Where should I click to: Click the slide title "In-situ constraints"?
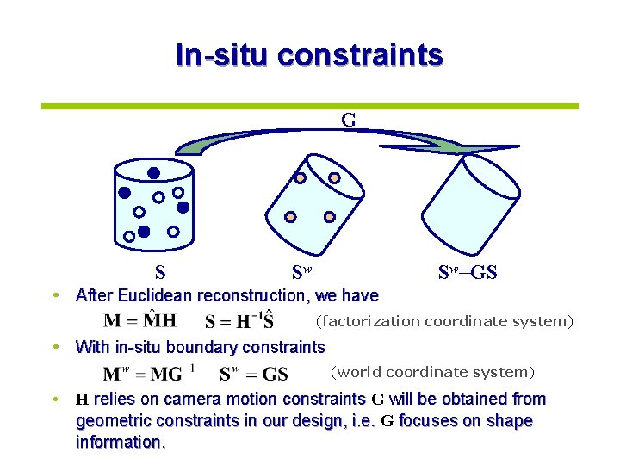pyautogui.click(x=309, y=55)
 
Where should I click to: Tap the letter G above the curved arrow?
pyautogui.click(x=348, y=120)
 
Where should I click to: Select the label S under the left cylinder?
pyautogui.click(x=160, y=274)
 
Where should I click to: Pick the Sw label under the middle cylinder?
pyautogui.click(x=301, y=274)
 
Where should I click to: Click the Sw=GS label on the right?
pyautogui.click(x=468, y=274)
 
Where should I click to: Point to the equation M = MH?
pyautogui.click(x=139, y=320)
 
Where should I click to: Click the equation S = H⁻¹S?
pyautogui.click(x=239, y=321)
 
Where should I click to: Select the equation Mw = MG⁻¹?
pyautogui.click(x=149, y=374)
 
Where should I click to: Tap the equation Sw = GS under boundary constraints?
pyautogui.click(x=253, y=374)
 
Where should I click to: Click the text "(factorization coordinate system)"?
pyautogui.click(x=443, y=321)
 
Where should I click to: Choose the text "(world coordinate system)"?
pyautogui.click(x=432, y=372)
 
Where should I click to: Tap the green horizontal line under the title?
pyautogui.click(x=309, y=107)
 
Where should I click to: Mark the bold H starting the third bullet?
pyautogui.click(x=82, y=400)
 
